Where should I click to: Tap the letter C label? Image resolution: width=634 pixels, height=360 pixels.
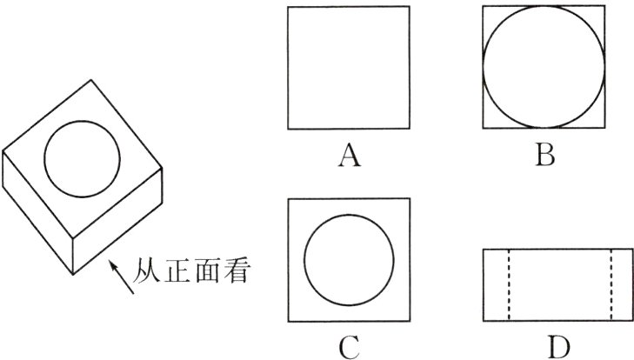349,346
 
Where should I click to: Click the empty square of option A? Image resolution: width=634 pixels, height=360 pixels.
348,68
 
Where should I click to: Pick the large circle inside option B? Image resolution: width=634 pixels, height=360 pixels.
544,68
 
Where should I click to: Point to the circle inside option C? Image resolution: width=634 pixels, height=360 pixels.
349,259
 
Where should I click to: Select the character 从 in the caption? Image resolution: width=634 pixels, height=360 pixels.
150,272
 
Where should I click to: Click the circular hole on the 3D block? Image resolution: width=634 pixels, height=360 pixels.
82,159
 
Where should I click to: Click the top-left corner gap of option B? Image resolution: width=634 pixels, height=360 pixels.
488,14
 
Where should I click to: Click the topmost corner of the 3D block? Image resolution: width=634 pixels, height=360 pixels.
92,80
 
